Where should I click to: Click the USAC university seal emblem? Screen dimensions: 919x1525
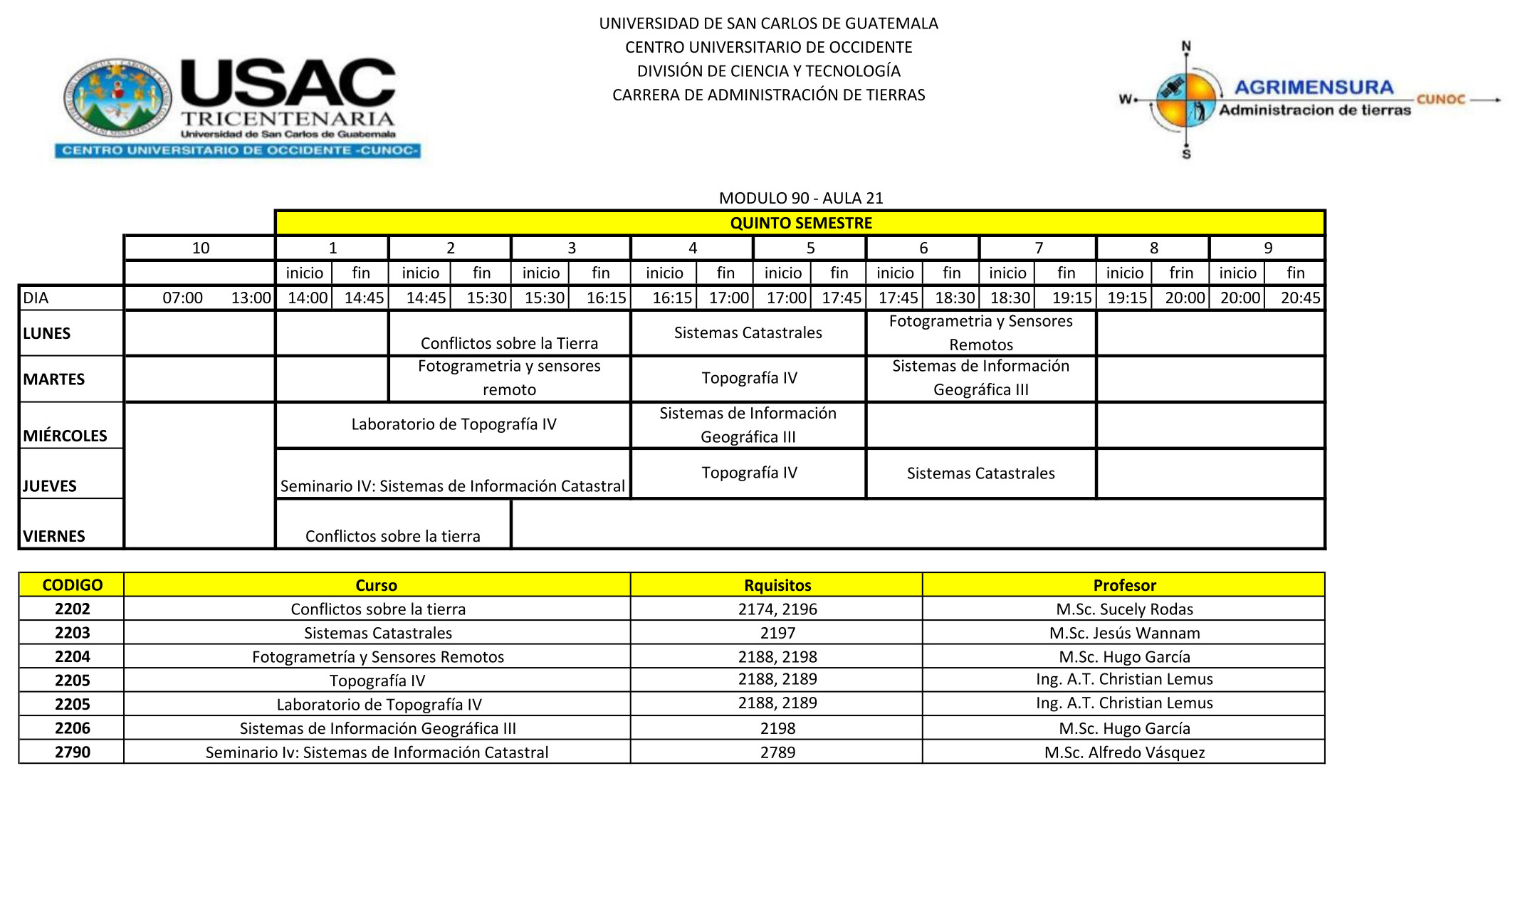(x=118, y=98)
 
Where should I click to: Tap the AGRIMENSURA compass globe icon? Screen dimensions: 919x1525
(x=1185, y=100)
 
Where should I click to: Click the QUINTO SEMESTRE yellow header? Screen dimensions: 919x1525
(x=800, y=223)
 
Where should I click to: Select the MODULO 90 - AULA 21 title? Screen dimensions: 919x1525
(x=800, y=198)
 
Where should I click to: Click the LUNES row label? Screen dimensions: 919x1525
(x=47, y=333)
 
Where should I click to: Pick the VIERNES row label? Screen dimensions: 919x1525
(x=54, y=536)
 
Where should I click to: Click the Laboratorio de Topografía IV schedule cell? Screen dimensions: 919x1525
(x=454, y=424)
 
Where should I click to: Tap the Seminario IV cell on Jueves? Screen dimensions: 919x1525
(x=452, y=485)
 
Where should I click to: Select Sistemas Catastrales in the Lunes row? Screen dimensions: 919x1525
(x=748, y=332)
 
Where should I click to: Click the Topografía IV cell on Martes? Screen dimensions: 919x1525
(x=749, y=377)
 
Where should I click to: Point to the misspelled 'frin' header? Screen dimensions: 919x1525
(x=1180, y=273)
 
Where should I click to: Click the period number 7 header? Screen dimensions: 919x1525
(x=1038, y=248)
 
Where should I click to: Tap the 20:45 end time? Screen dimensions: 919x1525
(x=1300, y=298)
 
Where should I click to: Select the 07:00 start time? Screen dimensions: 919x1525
(x=182, y=298)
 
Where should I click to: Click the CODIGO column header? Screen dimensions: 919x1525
(x=72, y=585)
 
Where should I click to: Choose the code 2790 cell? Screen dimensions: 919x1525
(x=72, y=752)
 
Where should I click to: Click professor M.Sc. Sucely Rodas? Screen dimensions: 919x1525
(x=1124, y=609)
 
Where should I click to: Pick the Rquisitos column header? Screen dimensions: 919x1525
(x=777, y=585)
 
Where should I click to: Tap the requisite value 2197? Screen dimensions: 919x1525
(x=777, y=633)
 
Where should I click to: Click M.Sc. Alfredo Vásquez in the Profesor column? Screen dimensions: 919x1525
(x=1124, y=752)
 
